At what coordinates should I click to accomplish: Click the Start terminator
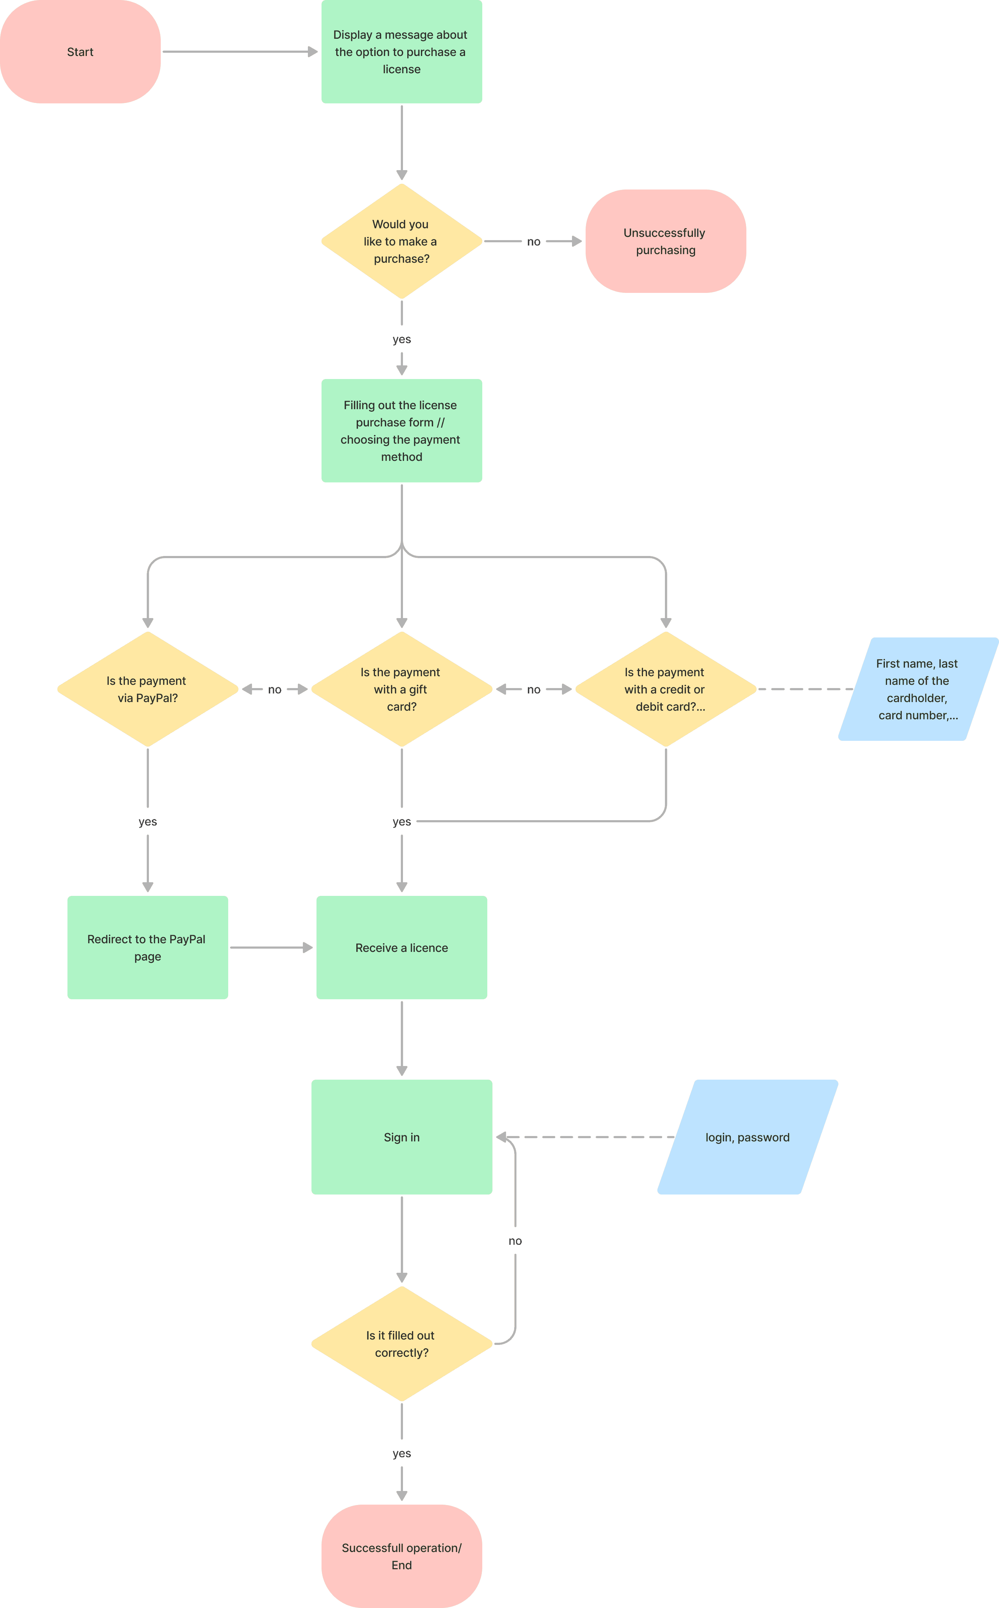tap(80, 52)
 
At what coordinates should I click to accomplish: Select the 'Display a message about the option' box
tap(402, 52)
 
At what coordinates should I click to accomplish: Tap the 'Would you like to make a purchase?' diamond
tap(402, 241)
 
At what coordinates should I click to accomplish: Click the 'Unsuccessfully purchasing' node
tap(666, 241)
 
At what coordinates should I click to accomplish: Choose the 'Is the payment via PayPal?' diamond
tap(148, 690)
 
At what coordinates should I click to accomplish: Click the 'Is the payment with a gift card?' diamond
tap(402, 690)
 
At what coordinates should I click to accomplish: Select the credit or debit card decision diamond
tap(666, 690)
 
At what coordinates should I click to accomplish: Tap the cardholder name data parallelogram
tap(918, 690)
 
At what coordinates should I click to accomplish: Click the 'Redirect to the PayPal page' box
tap(148, 947)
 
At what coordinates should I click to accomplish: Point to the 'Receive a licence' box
tap(402, 947)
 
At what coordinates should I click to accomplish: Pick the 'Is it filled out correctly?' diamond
tap(402, 1343)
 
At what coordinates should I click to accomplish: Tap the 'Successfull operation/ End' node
tap(402, 1556)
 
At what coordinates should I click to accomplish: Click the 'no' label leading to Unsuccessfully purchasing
tap(534, 242)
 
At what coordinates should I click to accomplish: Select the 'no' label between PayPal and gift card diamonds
tap(275, 690)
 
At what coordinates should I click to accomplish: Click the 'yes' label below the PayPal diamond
tap(148, 822)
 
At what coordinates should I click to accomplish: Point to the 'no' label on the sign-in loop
tap(515, 1241)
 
